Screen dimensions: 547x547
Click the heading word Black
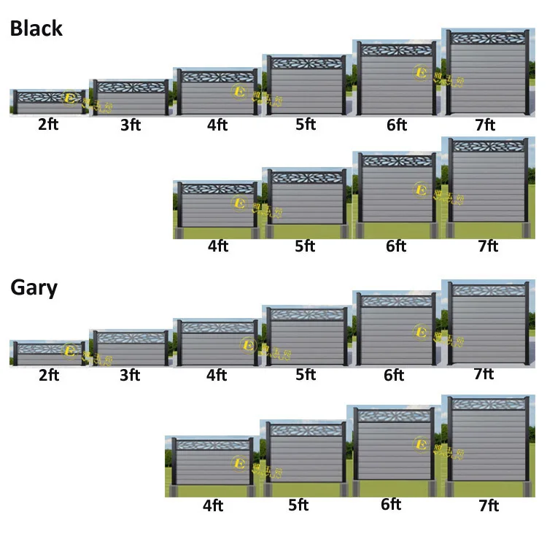(36, 29)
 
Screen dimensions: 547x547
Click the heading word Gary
(34, 287)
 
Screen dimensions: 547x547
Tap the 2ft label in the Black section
(48, 124)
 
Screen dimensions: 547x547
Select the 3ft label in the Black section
(131, 125)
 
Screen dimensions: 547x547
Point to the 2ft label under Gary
(48, 376)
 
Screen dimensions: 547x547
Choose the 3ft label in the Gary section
(131, 376)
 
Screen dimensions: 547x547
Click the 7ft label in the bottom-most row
(488, 505)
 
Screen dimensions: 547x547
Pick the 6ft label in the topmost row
(397, 125)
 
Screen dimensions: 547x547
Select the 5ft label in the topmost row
(306, 125)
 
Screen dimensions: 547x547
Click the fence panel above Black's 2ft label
(48, 102)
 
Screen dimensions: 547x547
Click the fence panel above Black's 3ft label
(131, 98)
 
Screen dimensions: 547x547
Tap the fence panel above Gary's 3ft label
(131, 348)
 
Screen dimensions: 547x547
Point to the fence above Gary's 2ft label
(48, 353)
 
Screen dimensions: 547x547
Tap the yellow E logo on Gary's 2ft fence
(70, 350)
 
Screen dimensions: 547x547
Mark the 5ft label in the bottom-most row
(306, 505)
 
